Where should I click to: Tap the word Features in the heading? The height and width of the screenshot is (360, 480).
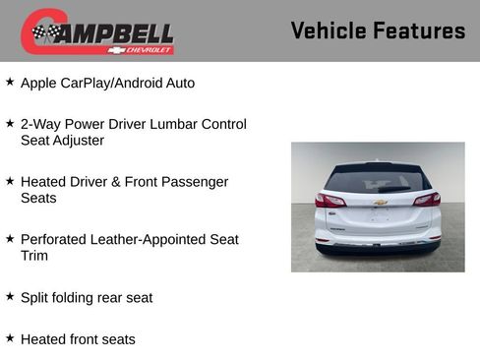(x=419, y=30)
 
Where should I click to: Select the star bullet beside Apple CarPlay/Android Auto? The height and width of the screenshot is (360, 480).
(x=10, y=82)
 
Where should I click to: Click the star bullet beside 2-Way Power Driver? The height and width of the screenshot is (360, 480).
(x=10, y=123)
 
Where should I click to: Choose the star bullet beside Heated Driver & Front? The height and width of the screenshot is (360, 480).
(x=10, y=181)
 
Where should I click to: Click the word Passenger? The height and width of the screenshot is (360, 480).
(x=195, y=182)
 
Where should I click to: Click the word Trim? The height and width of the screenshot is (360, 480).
(x=34, y=256)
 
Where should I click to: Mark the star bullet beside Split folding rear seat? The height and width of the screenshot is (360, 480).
(x=10, y=295)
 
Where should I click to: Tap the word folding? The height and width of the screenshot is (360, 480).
(x=79, y=297)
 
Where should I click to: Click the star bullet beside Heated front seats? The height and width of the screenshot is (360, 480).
(x=10, y=337)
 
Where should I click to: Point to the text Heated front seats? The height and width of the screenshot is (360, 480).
(x=78, y=339)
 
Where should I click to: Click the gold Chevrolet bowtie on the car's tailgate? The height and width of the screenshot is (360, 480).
(x=380, y=203)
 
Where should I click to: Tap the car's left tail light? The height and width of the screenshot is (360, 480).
(x=330, y=200)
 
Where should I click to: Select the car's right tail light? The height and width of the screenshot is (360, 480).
(x=427, y=200)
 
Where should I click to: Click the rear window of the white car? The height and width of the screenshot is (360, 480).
(x=378, y=181)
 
